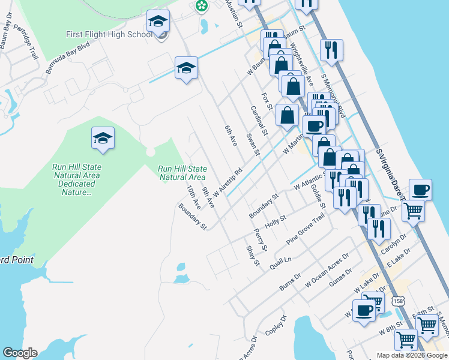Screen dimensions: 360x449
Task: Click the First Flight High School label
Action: (x=109, y=34)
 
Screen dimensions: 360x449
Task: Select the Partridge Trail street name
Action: (x=25, y=42)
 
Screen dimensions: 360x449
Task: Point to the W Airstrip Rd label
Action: (x=227, y=182)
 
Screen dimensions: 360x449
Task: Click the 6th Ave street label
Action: (x=231, y=136)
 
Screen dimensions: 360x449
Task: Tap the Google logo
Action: (x=20, y=353)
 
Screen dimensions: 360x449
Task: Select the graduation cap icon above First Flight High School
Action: (x=158, y=22)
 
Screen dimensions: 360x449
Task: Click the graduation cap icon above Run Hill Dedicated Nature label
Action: (x=103, y=138)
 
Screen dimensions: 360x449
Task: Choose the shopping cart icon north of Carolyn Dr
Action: (x=412, y=211)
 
